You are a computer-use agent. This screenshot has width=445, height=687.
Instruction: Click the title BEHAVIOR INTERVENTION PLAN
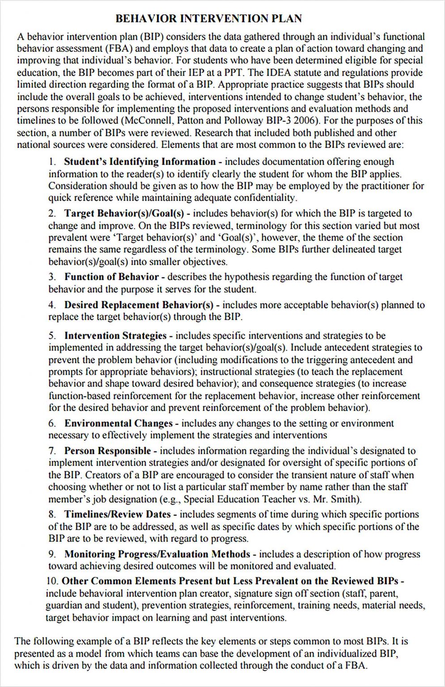[208, 19]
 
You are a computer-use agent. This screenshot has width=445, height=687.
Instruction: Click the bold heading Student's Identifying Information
[140, 162]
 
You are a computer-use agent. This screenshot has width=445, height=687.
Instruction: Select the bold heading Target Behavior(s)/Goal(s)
[124, 214]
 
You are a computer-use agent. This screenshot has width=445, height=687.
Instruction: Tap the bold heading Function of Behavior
[111, 277]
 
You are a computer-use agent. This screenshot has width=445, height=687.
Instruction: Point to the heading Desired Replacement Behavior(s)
[139, 305]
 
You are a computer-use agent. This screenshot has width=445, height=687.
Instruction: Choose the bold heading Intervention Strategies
[115, 336]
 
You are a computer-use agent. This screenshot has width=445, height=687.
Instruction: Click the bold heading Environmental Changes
[118, 424]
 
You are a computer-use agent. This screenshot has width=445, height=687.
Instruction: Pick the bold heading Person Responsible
[107, 451]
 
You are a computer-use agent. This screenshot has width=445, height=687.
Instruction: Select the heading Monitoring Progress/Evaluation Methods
[157, 555]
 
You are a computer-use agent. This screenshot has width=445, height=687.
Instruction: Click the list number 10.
[52, 581]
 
